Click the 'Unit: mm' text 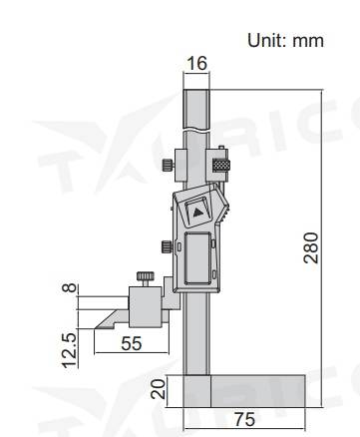[x=285, y=41]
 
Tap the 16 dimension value [x=196, y=63]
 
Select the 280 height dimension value [x=311, y=248]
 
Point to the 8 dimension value [x=70, y=288]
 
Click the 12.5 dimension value [x=70, y=350]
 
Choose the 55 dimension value [x=132, y=343]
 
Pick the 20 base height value [x=159, y=389]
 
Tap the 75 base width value [x=245, y=419]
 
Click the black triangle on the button [x=198, y=212]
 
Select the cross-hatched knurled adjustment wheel [x=221, y=166]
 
